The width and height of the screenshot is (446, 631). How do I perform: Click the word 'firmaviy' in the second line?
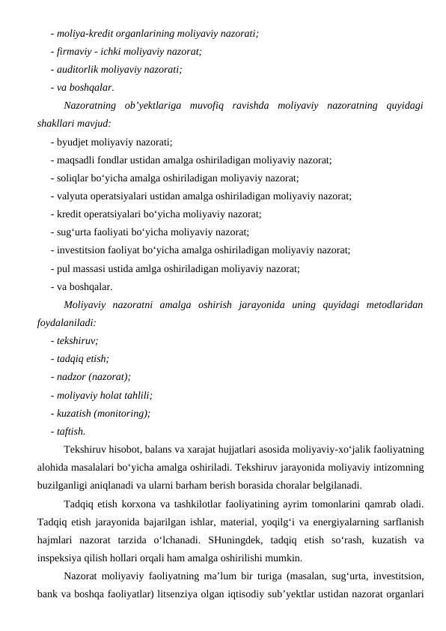[x=74, y=52]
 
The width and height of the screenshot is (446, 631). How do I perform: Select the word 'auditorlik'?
[x=78, y=69]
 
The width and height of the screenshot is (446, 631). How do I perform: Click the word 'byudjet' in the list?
[x=73, y=141]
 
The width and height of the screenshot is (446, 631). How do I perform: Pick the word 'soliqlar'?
[x=74, y=178]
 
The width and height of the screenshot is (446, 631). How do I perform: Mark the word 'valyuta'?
[x=73, y=196]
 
